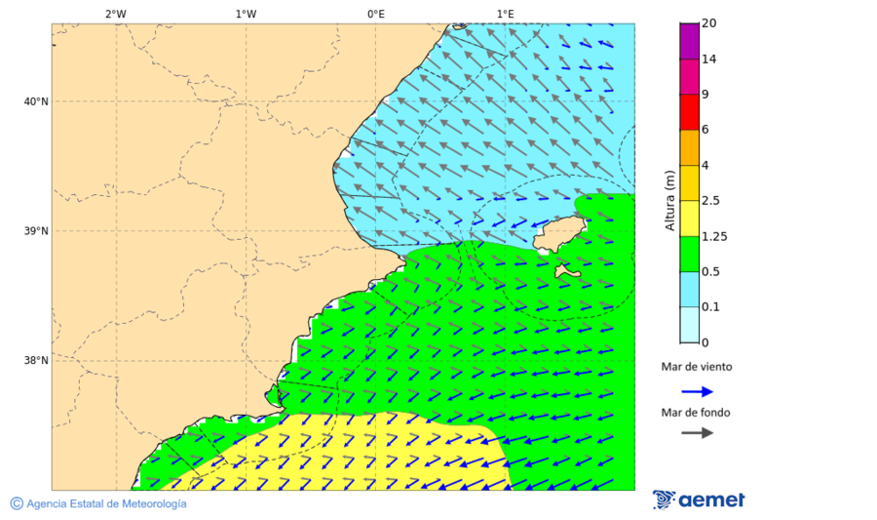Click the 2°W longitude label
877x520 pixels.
(115, 14)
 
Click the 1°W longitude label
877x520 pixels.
(246, 14)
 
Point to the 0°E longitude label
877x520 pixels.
(375, 14)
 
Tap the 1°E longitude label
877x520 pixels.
(506, 14)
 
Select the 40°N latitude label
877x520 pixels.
(36, 101)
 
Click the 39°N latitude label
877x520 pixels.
(36, 231)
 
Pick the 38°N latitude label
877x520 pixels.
(36, 361)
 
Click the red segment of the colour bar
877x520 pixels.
(689, 112)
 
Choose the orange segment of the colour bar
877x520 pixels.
(689, 147)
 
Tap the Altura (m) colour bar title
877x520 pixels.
(670, 201)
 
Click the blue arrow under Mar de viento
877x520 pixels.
(697, 391)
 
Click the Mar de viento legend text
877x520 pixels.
(696, 368)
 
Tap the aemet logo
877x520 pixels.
(699, 500)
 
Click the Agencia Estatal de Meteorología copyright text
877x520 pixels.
(98, 503)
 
